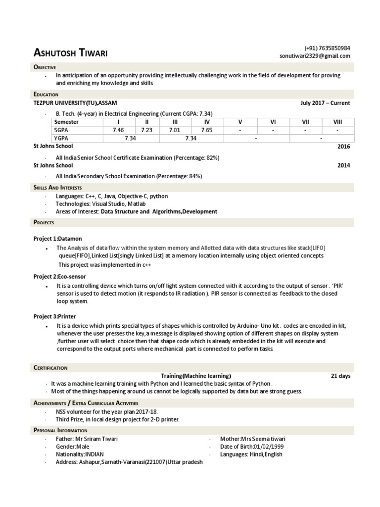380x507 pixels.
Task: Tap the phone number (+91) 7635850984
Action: [x=327, y=48]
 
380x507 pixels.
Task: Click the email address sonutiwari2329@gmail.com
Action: [x=315, y=56]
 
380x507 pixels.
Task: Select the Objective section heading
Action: [x=45, y=67]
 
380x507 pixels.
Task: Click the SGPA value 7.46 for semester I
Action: [x=118, y=130]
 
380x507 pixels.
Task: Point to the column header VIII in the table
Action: [x=337, y=122]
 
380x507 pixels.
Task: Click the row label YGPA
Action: [x=61, y=139]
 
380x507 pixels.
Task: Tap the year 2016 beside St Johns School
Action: [x=343, y=147]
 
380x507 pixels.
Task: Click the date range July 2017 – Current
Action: [x=325, y=103]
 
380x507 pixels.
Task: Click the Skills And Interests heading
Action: [x=57, y=188]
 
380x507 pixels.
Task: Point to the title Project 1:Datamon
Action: [x=58, y=238]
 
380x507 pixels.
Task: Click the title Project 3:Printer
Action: [x=54, y=315]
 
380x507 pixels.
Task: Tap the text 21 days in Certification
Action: [x=340, y=376]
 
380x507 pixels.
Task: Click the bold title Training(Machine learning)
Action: [x=196, y=376]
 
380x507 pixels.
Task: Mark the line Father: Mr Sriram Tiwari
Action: [x=87, y=439]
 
